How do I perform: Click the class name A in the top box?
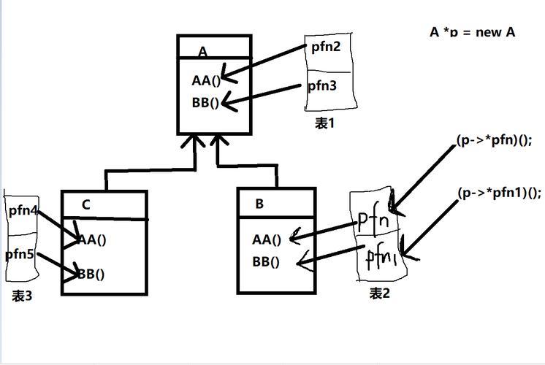(x=202, y=52)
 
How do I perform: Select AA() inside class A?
(x=206, y=80)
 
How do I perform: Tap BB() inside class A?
(x=205, y=102)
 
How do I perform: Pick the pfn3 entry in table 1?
(x=321, y=85)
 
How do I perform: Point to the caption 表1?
(x=324, y=123)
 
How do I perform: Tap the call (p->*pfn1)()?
(x=499, y=193)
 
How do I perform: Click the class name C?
(x=85, y=204)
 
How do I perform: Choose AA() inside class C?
(x=89, y=239)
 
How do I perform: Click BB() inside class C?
(x=89, y=274)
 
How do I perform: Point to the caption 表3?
(x=22, y=296)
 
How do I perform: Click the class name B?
(x=259, y=204)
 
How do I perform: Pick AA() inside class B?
(x=267, y=239)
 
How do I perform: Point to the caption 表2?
(x=379, y=293)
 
